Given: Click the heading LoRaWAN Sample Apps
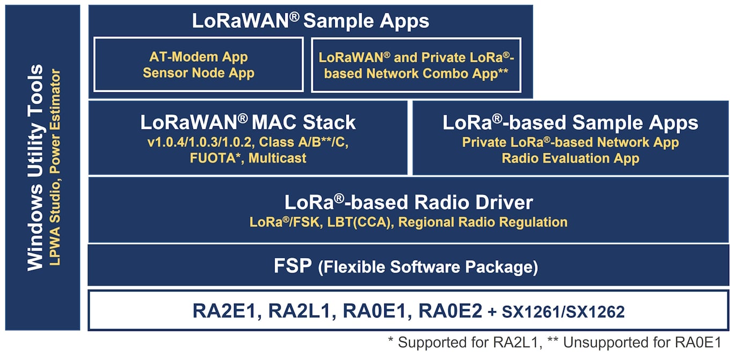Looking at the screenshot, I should click(x=310, y=21).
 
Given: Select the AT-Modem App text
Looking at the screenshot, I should click(x=198, y=57).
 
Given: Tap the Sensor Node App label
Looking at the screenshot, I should click(x=198, y=72).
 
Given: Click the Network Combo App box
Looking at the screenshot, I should click(x=416, y=65).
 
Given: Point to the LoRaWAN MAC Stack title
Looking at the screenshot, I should click(x=248, y=122).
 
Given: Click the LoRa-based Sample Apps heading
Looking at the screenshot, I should click(x=570, y=123).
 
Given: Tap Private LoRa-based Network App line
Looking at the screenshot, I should click(x=570, y=143).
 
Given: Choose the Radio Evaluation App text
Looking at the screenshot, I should click(x=570, y=158).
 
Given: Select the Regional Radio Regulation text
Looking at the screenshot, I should click(x=483, y=222).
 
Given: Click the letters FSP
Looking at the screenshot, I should click(x=293, y=266).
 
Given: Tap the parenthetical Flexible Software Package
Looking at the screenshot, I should click(x=428, y=267).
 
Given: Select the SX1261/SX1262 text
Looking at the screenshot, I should click(x=563, y=312).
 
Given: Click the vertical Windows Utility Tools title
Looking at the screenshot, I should click(x=35, y=167).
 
